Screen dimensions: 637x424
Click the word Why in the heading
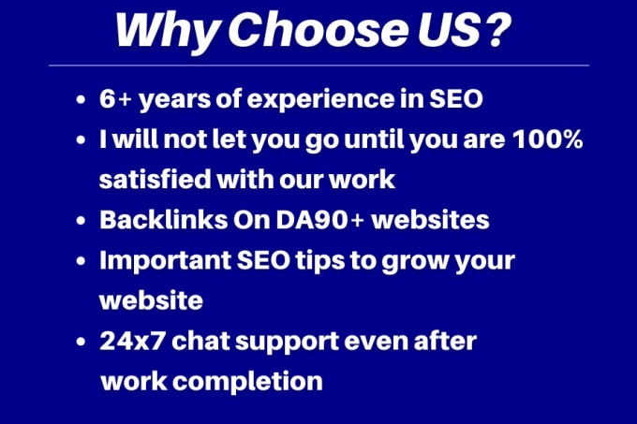[x=168, y=32]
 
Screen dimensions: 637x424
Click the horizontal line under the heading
[x=318, y=65]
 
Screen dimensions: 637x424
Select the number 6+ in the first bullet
[x=115, y=98]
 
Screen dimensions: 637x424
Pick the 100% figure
[x=547, y=139]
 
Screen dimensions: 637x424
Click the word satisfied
[x=155, y=180]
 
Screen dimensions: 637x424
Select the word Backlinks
[x=163, y=220]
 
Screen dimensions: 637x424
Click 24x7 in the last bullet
[x=132, y=342]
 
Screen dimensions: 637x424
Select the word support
[x=287, y=344]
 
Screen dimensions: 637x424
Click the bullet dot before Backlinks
[x=81, y=221]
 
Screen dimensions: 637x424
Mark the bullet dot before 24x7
[x=81, y=342]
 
